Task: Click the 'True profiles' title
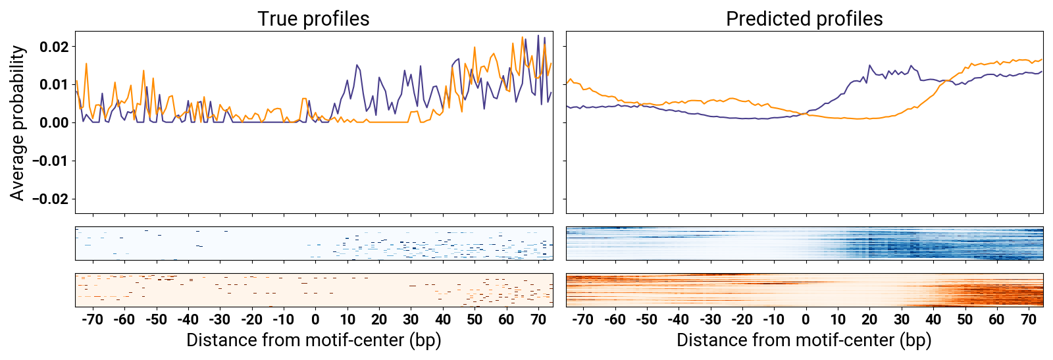(313, 18)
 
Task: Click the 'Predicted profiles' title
(804, 18)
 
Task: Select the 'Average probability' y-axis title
(18, 122)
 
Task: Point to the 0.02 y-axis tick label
(54, 47)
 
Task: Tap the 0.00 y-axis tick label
(54, 122)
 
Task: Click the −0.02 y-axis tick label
(50, 199)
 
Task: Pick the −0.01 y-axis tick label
(50, 161)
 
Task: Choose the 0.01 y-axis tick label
(54, 84)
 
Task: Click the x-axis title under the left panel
(313, 340)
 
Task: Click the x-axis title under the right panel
(804, 340)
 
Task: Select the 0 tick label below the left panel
(315, 320)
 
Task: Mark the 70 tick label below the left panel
(538, 320)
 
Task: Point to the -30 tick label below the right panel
(709, 320)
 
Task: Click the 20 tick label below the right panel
(869, 320)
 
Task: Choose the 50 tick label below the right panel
(965, 320)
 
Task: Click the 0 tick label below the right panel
(806, 320)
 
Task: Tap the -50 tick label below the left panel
(156, 320)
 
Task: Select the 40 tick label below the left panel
(443, 320)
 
